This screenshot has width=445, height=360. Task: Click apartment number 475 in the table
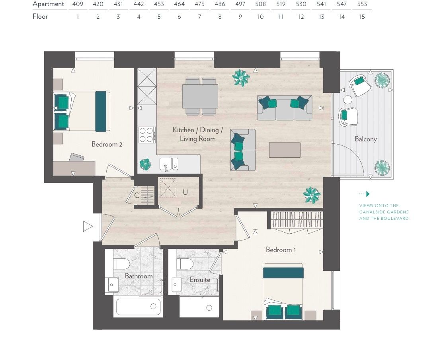click(x=199, y=4)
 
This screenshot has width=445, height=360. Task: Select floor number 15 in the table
click(x=362, y=17)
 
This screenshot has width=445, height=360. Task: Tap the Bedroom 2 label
click(x=107, y=144)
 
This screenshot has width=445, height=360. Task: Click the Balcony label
click(x=365, y=139)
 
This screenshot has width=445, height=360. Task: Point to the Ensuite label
click(x=200, y=280)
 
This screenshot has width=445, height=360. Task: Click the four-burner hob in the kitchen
click(x=147, y=135)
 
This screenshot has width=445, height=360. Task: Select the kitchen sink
click(x=169, y=164)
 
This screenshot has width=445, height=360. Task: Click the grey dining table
click(x=200, y=96)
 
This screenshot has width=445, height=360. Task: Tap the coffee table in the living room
click(x=285, y=150)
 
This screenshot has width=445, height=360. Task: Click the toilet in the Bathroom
click(x=121, y=264)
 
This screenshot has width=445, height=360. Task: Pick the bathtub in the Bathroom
click(x=138, y=307)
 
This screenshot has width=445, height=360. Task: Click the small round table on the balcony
click(x=347, y=100)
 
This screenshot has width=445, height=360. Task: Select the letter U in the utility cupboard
click(x=185, y=192)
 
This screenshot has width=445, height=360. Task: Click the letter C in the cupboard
click(x=137, y=195)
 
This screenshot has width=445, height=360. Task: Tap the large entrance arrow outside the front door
click(x=88, y=226)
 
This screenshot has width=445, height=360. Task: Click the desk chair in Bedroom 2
click(x=77, y=157)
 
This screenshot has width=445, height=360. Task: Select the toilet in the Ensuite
click(x=185, y=264)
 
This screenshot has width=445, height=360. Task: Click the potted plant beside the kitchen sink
click(x=145, y=164)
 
